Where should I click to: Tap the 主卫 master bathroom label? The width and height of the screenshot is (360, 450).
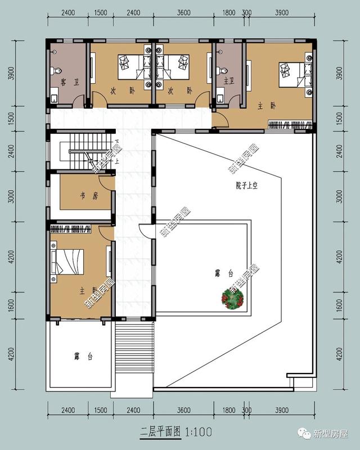(229, 81)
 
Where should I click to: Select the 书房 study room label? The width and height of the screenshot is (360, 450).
(89, 196)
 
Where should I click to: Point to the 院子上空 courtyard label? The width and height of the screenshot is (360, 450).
(246, 186)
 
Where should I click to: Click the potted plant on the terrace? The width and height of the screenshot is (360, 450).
(232, 299)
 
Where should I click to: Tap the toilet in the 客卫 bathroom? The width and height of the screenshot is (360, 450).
(56, 71)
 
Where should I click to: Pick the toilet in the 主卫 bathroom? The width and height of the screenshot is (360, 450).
(221, 70)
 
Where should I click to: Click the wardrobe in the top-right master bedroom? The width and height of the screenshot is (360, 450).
(290, 124)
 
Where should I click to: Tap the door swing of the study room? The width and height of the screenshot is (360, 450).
(106, 183)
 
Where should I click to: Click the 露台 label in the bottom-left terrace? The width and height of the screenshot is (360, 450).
(83, 357)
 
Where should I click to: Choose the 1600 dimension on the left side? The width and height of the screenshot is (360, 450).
(11, 305)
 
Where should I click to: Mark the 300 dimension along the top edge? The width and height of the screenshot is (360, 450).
(246, 12)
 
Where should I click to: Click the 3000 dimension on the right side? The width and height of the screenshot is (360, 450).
(339, 196)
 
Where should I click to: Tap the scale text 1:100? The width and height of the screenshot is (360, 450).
(199, 431)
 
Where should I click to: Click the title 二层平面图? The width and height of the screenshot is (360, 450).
(160, 431)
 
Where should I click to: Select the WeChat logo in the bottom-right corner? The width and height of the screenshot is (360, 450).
(304, 433)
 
